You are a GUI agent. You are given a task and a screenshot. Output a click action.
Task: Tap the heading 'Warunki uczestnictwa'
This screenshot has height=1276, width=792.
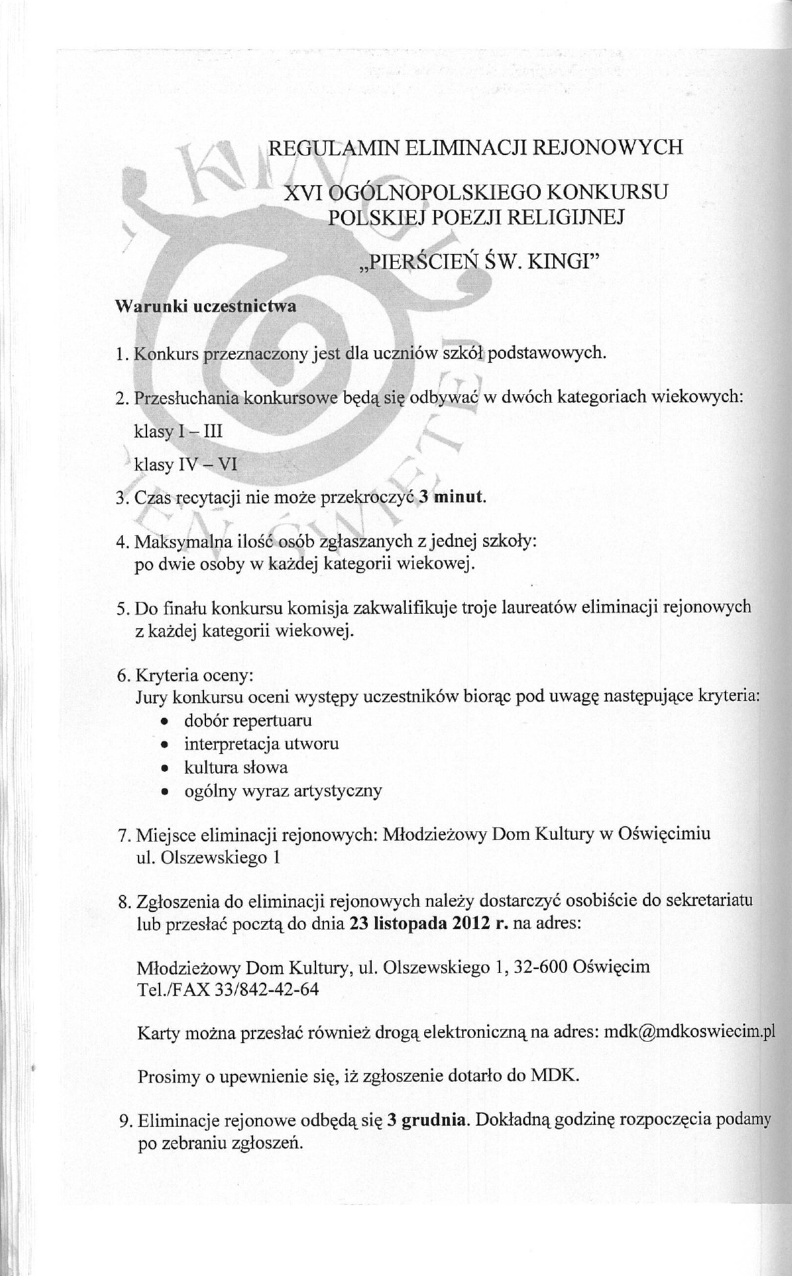(x=206, y=307)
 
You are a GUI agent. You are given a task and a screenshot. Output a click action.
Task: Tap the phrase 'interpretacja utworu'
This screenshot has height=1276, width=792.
(x=261, y=744)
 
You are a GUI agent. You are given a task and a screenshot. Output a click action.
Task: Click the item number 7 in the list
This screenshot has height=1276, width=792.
(x=123, y=836)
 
